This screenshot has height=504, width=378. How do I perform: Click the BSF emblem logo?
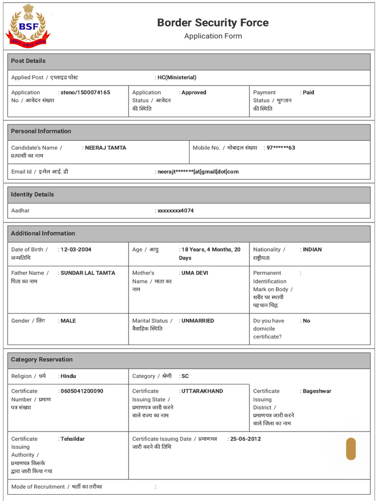[x=28, y=26]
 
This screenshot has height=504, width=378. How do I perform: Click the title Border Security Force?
[x=213, y=23]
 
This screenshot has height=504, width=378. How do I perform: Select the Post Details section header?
[x=28, y=61]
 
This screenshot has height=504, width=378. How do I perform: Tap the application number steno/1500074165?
[x=85, y=93]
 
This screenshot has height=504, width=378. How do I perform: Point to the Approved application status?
[x=193, y=93]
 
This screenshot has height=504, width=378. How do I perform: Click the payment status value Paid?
[x=308, y=93]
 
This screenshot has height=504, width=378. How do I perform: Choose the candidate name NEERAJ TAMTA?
[x=105, y=148]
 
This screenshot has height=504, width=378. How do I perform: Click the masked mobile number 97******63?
[x=281, y=148]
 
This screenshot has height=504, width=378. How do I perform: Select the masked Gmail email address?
[x=198, y=172]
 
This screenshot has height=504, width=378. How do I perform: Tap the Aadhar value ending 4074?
[x=176, y=211]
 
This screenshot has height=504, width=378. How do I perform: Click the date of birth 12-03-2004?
[x=76, y=250]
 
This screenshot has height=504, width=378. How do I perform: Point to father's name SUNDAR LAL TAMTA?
[x=88, y=273]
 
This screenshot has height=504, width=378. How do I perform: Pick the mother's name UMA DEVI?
[x=195, y=273]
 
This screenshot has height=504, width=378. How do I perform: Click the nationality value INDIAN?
[x=312, y=250]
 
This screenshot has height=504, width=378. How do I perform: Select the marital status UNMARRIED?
[x=197, y=321]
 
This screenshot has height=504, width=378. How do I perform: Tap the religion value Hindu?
[x=68, y=376]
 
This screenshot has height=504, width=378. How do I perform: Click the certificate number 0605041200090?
[x=82, y=391]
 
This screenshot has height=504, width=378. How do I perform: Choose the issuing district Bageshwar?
[x=317, y=391]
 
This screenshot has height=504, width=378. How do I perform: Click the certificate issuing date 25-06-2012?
[x=246, y=439]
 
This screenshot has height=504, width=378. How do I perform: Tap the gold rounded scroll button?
[x=350, y=449]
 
